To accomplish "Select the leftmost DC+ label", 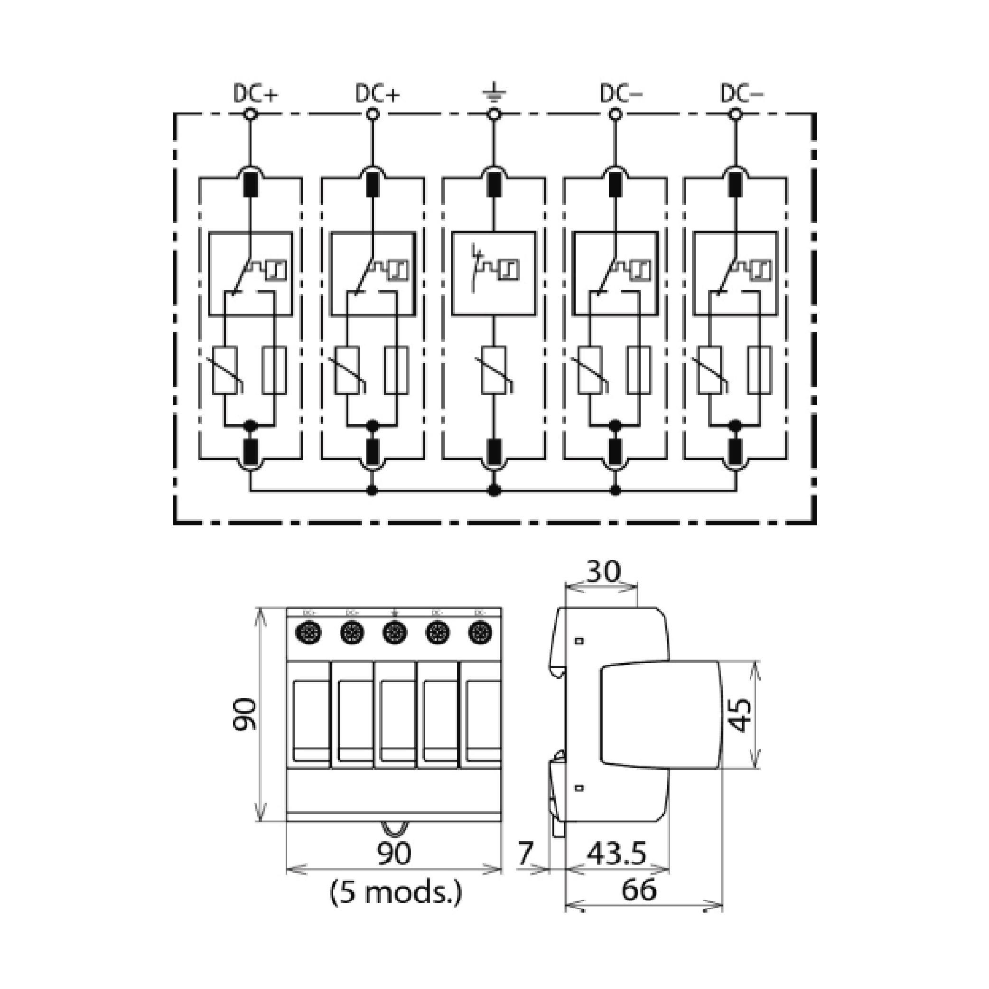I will tap(255, 93).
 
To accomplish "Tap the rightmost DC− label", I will tap(742, 93).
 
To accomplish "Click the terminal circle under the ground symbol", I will tap(494, 115).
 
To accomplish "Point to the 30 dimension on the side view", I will tap(603, 572).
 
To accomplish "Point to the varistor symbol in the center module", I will tap(494, 370).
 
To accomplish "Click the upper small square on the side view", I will tap(579, 640).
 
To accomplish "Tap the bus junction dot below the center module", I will tap(494, 490).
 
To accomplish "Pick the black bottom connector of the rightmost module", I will tap(736, 450).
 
